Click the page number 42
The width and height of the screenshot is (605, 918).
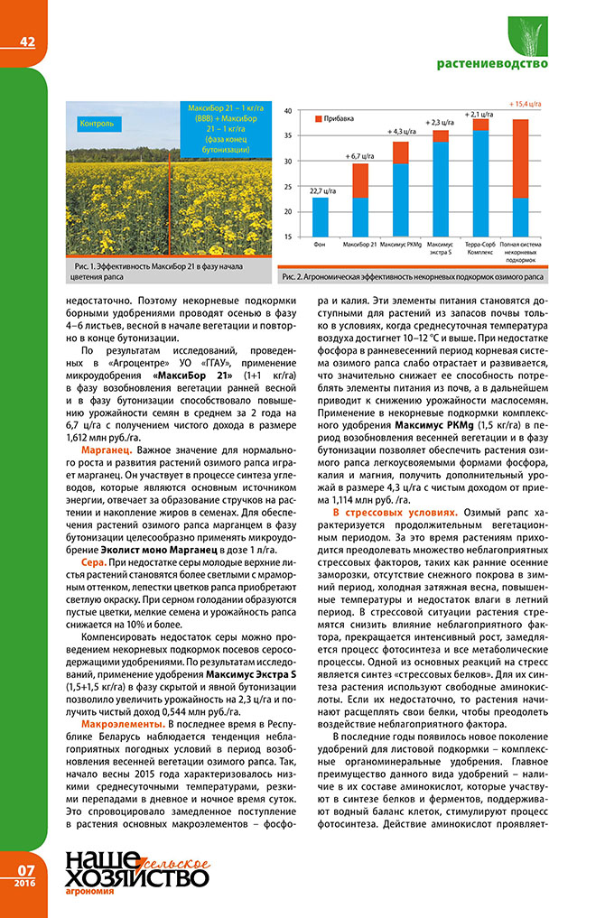tap(27, 41)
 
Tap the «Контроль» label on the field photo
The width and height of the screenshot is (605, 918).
tap(97, 124)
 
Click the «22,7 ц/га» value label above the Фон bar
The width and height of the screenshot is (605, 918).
tap(320, 190)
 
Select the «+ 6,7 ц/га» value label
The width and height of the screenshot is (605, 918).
tap(360, 156)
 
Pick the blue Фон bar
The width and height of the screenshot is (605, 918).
tap(320, 217)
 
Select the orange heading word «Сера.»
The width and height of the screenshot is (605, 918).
tap(96, 561)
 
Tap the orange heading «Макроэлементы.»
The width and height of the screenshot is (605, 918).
tap(122, 724)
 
